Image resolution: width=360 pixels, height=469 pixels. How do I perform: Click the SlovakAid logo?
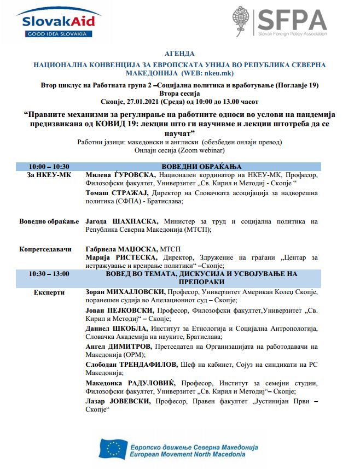click(x=57, y=22)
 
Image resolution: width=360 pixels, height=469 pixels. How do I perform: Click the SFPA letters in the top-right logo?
click(x=292, y=20)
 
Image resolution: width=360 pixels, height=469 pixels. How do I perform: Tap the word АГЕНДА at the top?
click(x=179, y=54)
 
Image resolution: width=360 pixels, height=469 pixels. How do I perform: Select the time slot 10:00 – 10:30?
click(x=49, y=167)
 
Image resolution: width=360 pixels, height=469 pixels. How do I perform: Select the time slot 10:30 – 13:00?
click(x=49, y=273)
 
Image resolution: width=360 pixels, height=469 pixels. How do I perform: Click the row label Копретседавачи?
click(x=46, y=249)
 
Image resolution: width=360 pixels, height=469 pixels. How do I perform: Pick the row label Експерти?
click(x=49, y=292)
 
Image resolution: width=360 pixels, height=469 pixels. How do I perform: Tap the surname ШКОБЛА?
click(x=132, y=327)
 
